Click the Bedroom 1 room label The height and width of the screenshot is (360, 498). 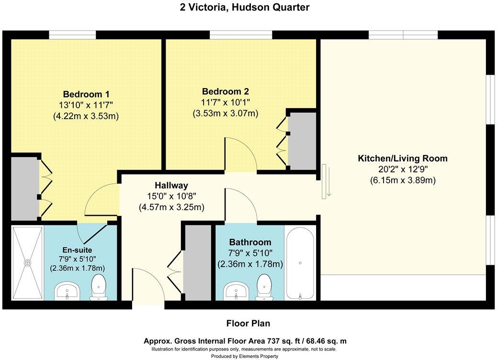click(x=86, y=94)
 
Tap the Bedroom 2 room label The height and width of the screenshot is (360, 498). click(x=226, y=92)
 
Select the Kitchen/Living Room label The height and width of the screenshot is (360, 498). click(x=403, y=158)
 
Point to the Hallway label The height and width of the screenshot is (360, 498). click(x=171, y=185)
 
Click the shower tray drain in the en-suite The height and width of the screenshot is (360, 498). click(x=28, y=263)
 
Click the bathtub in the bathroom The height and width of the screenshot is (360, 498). click(x=300, y=263)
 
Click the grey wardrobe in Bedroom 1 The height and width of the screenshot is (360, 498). click(x=25, y=189)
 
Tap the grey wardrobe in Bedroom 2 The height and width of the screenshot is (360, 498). click(x=302, y=141)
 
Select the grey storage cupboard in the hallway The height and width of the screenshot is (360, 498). click(x=198, y=262)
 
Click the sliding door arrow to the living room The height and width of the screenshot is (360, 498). click(x=329, y=181)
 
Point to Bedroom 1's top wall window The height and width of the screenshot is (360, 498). click(x=72, y=35)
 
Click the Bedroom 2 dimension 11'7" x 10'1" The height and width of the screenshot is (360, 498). click(x=226, y=102)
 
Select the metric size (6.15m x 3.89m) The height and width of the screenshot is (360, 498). click(x=403, y=180)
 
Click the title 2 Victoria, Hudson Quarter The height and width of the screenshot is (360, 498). click(x=245, y=7)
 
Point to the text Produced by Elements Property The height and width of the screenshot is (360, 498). click(x=245, y=356)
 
